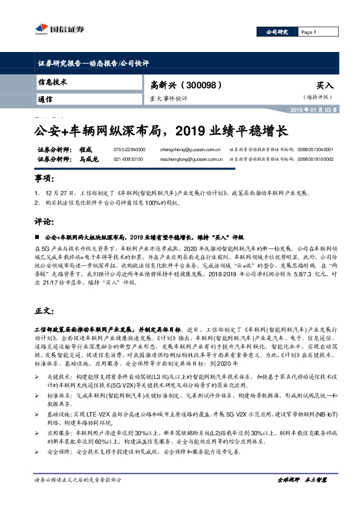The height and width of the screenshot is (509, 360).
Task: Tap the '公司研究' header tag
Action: click(x=278, y=32)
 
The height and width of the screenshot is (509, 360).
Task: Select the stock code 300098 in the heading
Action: click(x=191, y=85)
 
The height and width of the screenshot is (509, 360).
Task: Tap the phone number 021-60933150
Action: click(x=128, y=159)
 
